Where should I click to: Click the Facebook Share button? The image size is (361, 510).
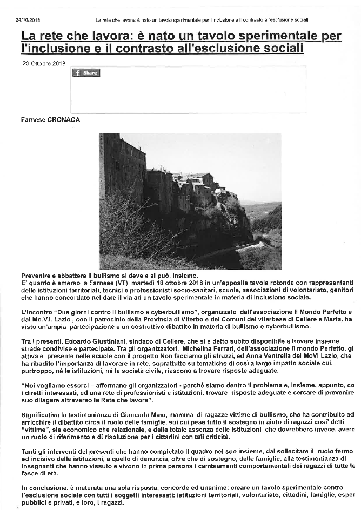click(86, 73)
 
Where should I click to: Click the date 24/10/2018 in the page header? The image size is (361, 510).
click(28, 20)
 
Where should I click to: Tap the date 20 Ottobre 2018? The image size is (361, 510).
click(44, 63)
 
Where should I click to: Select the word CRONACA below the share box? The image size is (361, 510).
click(62, 120)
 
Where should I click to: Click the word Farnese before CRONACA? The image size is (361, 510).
click(32, 120)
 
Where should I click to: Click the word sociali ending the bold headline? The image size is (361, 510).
click(282, 49)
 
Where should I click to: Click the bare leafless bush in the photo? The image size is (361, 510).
click(130, 227)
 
